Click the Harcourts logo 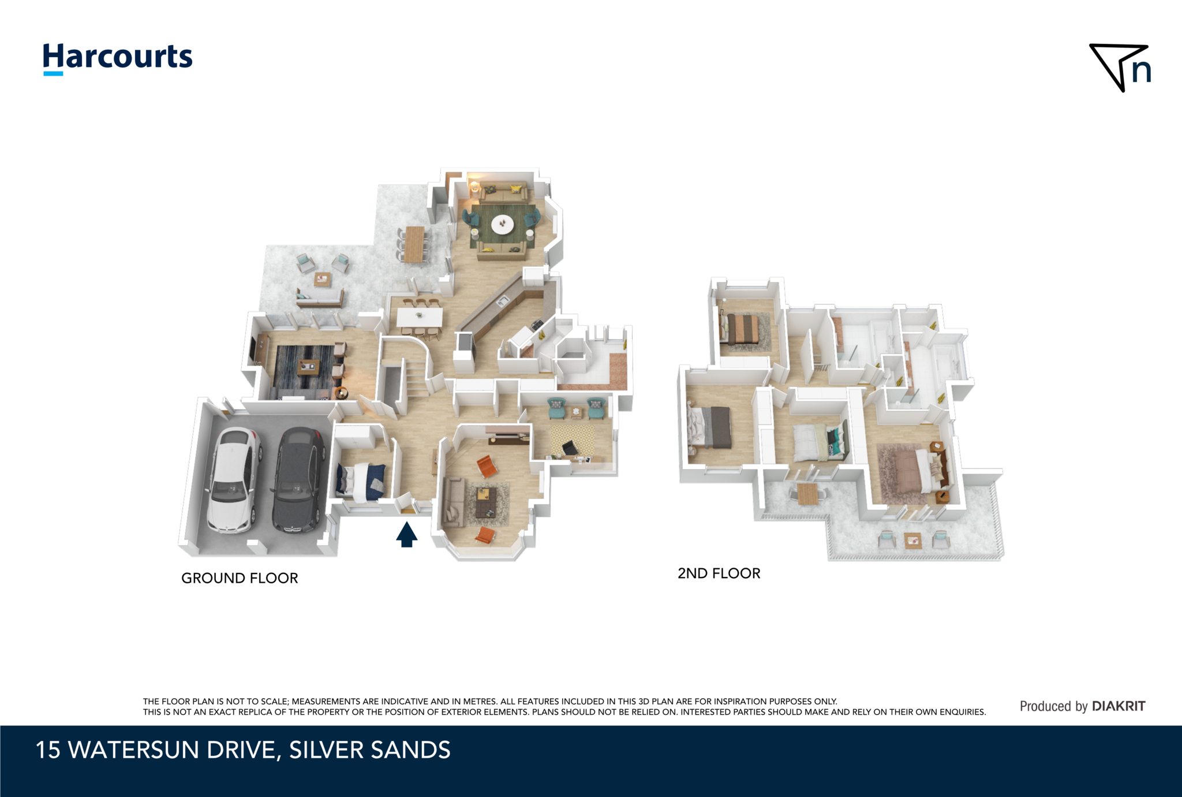click(x=118, y=58)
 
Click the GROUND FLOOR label click(x=240, y=578)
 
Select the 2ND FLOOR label click(x=719, y=573)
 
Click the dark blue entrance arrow click(x=407, y=534)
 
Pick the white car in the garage click(x=234, y=479)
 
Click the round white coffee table click(x=502, y=224)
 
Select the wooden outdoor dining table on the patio click(x=414, y=244)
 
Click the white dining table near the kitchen click(x=420, y=316)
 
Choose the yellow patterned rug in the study click(x=571, y=440)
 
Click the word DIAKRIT click(x=1119, y=706)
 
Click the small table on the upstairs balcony click(x=912, y=541)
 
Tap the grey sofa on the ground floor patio click(x=320, y=298)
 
